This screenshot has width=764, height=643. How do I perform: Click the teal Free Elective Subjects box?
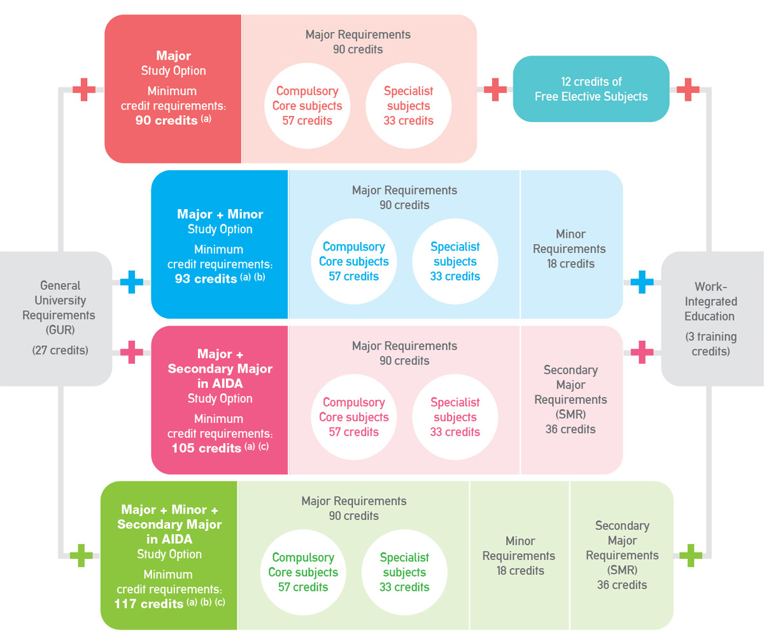coord(591,89)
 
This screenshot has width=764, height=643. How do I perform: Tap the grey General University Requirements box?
coord(59,317)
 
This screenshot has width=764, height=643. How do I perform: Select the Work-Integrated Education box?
coord(711,318)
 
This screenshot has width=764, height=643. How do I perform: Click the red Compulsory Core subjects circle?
coord(307,106)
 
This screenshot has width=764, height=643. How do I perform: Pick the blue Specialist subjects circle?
coord(455,261)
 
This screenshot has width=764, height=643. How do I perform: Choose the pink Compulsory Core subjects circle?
coord(353,417)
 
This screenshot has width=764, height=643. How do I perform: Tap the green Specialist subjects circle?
coord(404,572)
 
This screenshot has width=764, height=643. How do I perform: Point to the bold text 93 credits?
coord(206,278)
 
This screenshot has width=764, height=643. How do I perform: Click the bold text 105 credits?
coord(206,448)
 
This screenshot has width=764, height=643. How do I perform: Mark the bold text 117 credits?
coord(149,603)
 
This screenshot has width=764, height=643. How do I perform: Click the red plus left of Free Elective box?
coord(495,90)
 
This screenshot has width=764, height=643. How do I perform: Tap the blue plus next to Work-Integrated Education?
coord(642,282)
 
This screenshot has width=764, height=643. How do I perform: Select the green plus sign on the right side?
coord(690,556)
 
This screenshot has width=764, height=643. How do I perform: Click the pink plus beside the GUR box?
coord(131,352)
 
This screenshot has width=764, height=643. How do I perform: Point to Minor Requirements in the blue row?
coord(570,249)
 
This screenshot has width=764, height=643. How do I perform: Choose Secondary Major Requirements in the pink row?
coord(570,400)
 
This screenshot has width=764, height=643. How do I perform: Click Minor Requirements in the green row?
coord(520,556)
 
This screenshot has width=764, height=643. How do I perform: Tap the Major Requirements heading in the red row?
coord(358,34)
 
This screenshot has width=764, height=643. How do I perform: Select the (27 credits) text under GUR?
coord(60,350)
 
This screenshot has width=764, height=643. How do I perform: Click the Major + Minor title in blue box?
coord(220,214)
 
